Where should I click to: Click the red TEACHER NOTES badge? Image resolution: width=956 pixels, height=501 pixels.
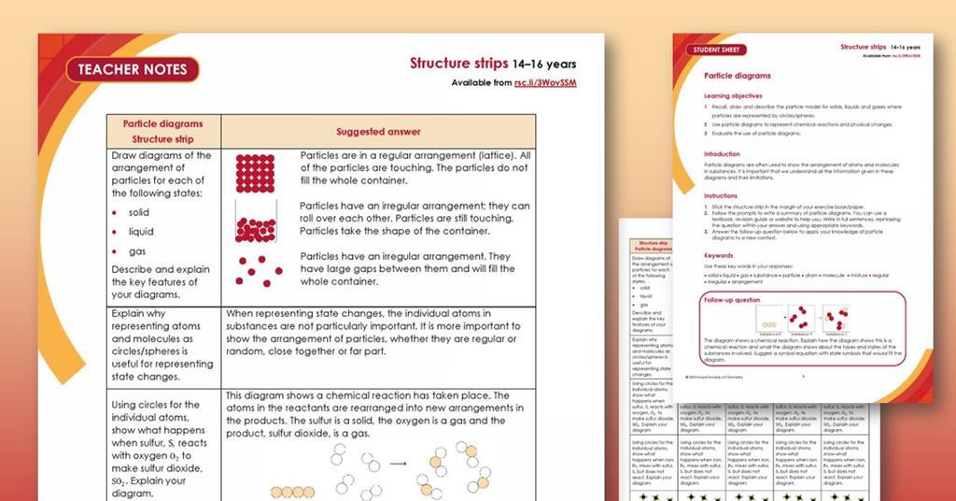[133, 69]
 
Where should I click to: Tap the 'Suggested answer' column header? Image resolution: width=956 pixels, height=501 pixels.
[378, 132]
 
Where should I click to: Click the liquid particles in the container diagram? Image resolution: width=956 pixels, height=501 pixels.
[255, 227]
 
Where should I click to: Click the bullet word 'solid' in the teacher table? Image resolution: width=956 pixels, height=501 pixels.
[139, 212]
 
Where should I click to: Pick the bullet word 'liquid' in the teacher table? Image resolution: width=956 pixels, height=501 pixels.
[141, 232]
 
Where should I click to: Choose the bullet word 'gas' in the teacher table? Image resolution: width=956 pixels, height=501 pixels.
[137, 251]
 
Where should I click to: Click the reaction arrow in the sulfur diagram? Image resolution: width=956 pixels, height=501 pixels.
[399, 463]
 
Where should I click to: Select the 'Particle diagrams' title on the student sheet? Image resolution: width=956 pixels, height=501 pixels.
[737, 75]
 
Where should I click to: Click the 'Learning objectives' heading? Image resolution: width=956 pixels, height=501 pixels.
[733, 95]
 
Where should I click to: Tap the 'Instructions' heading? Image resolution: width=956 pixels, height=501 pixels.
[721, 196]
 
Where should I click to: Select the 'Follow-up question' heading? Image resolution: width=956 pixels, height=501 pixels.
[733, 300]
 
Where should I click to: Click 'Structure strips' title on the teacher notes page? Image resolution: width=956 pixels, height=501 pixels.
[457, 64]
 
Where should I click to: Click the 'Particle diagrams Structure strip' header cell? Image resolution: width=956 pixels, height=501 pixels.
[162, 131]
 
